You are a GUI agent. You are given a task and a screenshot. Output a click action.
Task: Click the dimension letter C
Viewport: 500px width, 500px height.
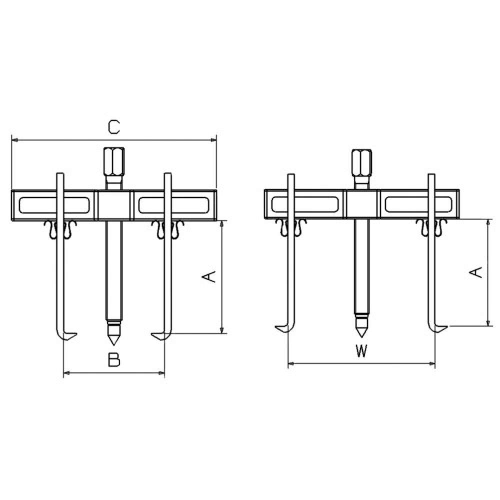tap(113, 127)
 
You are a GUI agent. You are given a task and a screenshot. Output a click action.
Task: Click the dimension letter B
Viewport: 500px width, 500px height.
tap(114, 359)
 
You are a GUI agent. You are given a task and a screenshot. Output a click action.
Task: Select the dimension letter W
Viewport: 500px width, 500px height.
tap(361, 351)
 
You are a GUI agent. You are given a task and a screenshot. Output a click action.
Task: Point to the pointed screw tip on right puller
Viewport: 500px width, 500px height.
tap(361, 327)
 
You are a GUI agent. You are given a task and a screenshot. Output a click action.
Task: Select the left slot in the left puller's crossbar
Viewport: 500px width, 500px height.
tap(54, 205)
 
